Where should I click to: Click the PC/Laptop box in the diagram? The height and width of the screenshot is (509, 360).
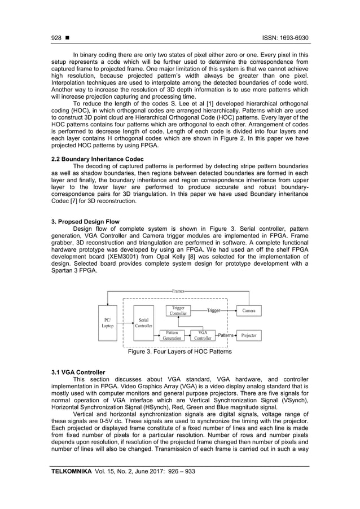click(x=107, y=322)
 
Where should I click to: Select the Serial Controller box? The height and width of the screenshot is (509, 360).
click(x=143, y=322)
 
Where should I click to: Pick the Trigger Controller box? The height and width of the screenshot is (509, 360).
click(x=178, y=310)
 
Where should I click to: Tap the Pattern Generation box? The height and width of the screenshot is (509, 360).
click(x=172, y=335)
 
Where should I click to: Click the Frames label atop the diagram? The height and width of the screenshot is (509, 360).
click(x=178, y=290)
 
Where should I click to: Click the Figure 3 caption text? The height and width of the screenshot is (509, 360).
click(x=179, y=352)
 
